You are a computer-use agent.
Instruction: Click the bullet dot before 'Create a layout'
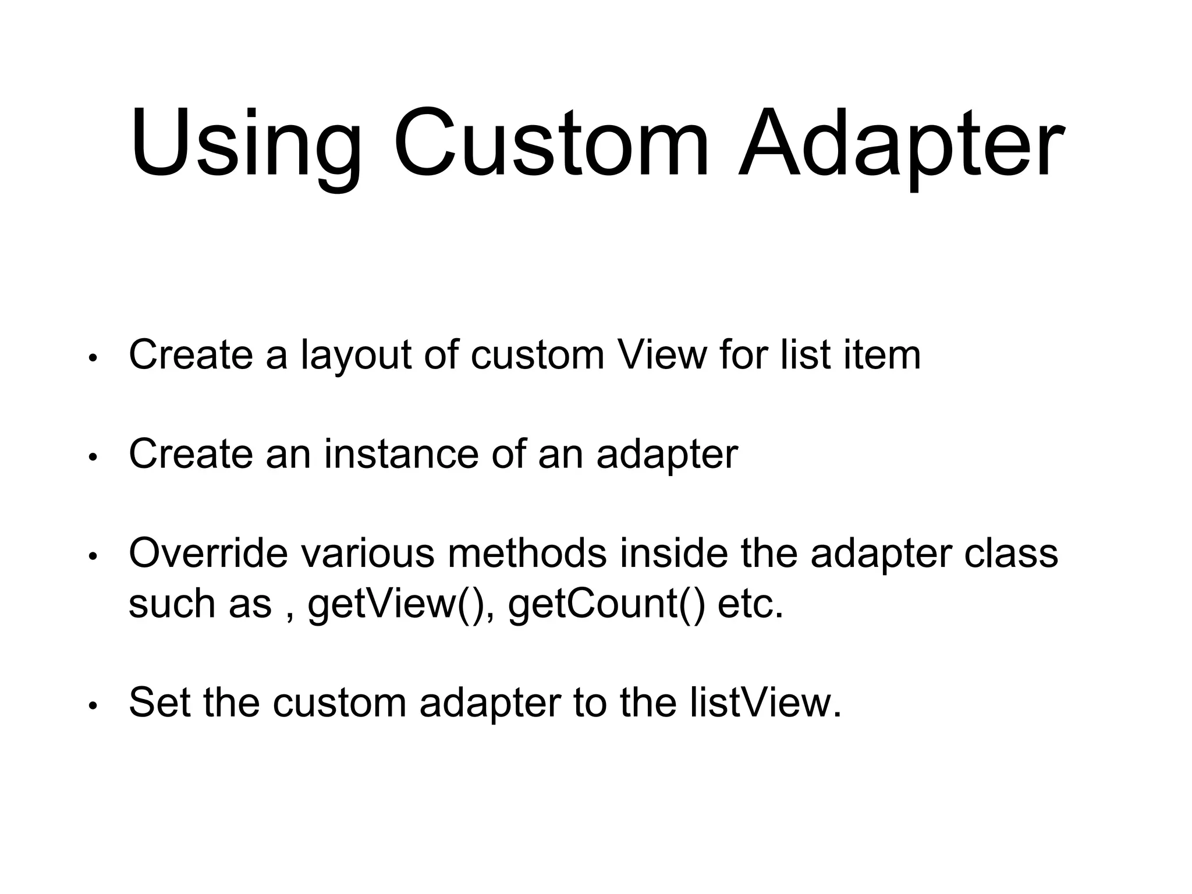[x=92, y=358]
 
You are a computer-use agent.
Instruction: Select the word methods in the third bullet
[x=527, y=553]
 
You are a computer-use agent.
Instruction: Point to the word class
[x=1011, y=553]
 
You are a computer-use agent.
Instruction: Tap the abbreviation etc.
[x=751, y=604]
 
